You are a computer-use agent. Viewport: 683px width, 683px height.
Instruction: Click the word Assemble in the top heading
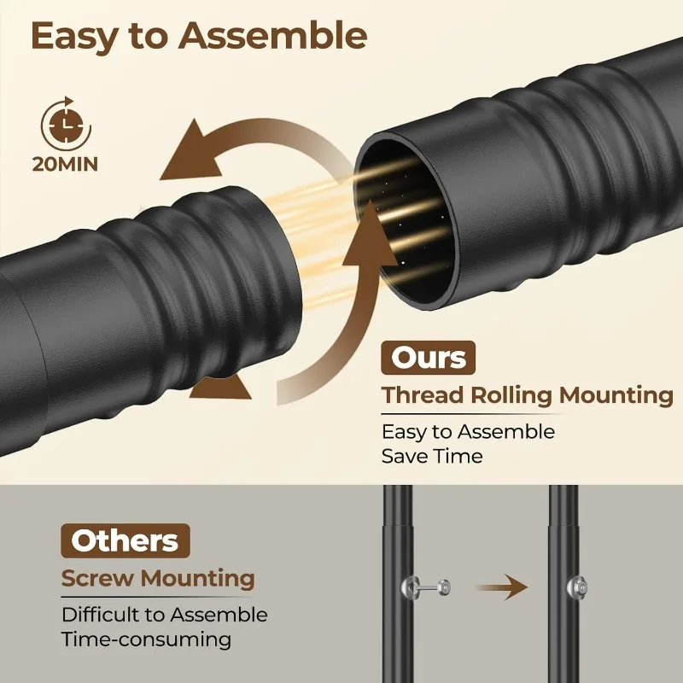tap(272, 36)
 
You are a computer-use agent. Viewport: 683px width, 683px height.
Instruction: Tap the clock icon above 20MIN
tap(66, 125)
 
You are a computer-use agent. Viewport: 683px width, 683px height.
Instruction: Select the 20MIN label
tap(65, 164)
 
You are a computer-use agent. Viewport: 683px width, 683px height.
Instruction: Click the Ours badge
tap(428, 358)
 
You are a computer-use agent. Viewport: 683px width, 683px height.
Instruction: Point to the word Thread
tap(423, 395)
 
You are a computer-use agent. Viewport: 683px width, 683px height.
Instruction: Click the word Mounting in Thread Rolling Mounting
tap(616, 396)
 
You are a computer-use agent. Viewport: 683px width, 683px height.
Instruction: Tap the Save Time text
tap(432, 456)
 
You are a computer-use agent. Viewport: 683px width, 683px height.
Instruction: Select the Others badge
tap(125, 540)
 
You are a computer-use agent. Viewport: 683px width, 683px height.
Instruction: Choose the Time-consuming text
tap(146, 639)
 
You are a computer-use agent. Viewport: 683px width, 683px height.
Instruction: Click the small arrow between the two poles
tap(503, 587)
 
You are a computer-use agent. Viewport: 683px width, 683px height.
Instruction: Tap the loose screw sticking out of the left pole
tap(426, 587)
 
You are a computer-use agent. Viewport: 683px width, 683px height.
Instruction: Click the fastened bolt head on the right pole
tap(577, 587)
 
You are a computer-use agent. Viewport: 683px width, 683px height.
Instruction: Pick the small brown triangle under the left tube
tap(220, 387)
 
